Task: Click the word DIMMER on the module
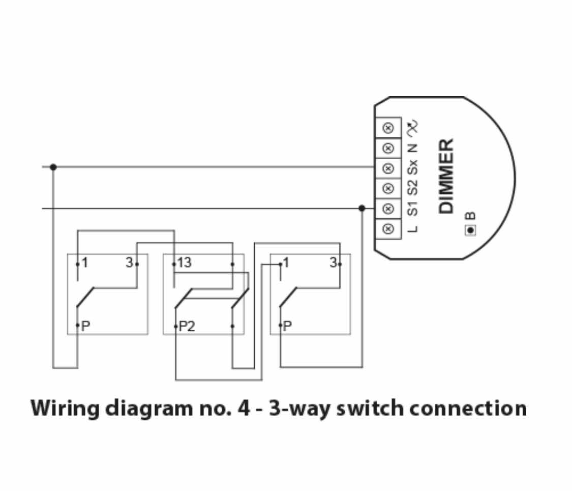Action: tap(446, 176)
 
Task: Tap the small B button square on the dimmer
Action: tap(470, 230)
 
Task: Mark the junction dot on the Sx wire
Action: tap(53, 167)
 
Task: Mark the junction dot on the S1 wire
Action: tap(362, 208)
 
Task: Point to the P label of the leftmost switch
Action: tap(85, 326)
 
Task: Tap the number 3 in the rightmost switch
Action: tap(333, 263)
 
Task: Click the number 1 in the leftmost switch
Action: tap(85, 263)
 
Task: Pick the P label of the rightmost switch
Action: tap(288, 326)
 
